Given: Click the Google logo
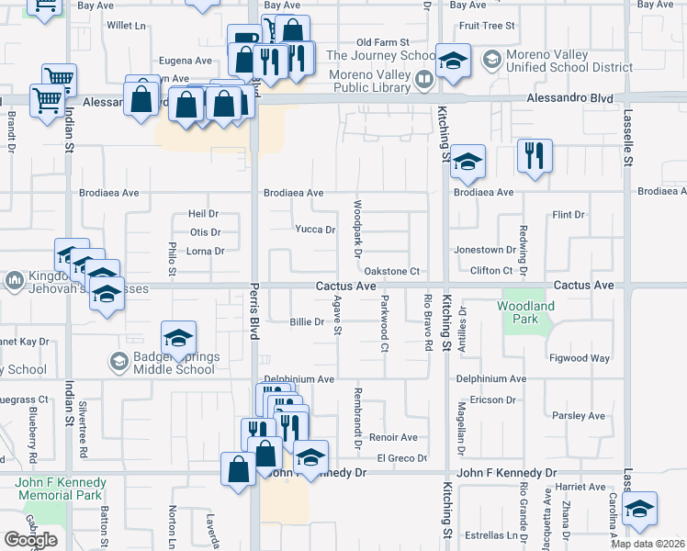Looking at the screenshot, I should pyautogui.click(x=30, y=540).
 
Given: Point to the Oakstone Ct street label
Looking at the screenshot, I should pyautogui.click(x=391, y=271).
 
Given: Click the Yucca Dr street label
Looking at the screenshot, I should pyautogui.click(x=315, y=230).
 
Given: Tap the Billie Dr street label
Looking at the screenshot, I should pyautogui.click(x=307, y=322).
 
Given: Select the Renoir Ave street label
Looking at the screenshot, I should pyautogui.click(x=393, y=437).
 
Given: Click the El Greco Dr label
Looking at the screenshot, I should pyautogui.click(x=402, y=458).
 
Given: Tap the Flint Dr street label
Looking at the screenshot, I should pyautogui.click(x=568, y=215).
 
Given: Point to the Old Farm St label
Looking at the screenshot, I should pyautogui.click(x=382, y=42).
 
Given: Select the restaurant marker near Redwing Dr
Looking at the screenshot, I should pyautogui.click(x=535, y=157).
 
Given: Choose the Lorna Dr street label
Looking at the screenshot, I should pyautogui.click(x=206, y=251).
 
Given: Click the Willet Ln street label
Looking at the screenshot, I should pyautogui.click(x=127, y=26).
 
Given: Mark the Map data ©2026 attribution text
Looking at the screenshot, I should pyautogui.click(x=648, y=544).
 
